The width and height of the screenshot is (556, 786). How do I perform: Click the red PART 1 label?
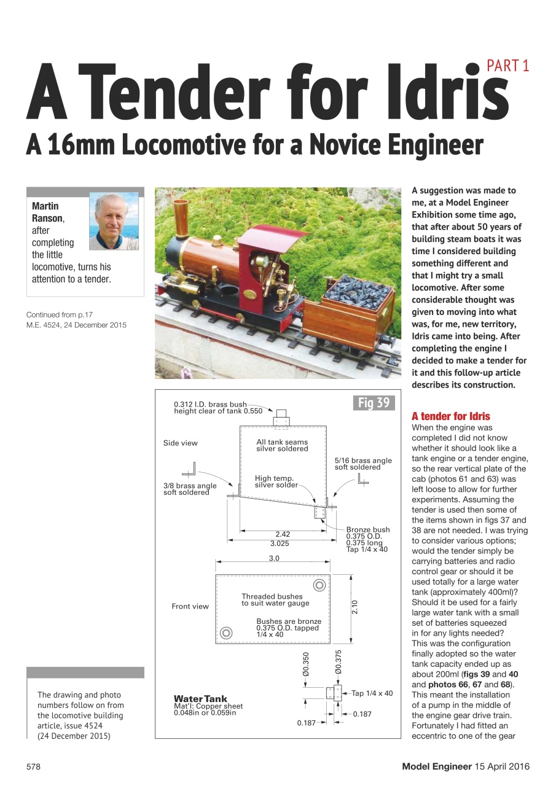point(507,66)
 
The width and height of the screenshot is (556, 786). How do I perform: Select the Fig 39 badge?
point(374,403)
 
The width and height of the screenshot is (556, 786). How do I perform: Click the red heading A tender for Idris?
point(450,416)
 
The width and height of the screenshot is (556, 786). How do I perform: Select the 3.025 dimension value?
point(280,543)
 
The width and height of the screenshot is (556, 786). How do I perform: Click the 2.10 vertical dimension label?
point(355,607)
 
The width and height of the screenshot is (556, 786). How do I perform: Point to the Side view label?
point(180,443)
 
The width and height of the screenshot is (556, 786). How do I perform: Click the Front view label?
point(190,606)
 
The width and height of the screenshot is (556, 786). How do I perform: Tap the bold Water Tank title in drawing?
point(200,699)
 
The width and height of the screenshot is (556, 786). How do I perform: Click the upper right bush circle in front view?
point(319,585)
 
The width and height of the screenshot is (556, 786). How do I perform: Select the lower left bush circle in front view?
point(227,632)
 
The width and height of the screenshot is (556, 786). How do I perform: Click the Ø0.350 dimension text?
point(306,664)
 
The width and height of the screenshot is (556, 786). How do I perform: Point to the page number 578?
point(33,766)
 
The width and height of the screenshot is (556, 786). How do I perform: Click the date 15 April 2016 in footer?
point(502,766)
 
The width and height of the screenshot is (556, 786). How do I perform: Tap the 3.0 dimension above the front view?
point(273,558)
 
